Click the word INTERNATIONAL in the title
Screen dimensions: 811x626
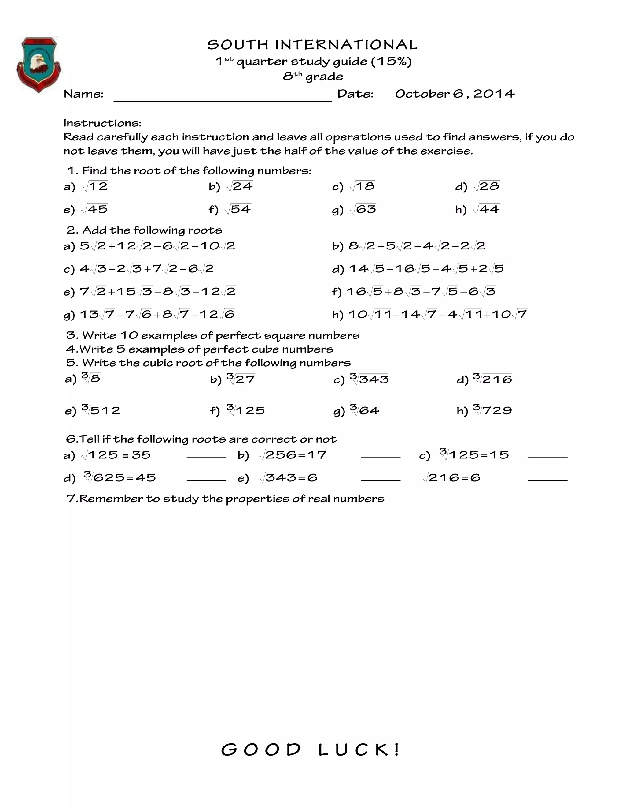pos(346,45)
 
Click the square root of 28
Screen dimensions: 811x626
pos(487,186)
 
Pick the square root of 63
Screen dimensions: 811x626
pos(363,209)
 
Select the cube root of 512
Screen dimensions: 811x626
pos(101,410)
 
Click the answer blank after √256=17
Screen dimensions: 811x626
pos(380,456)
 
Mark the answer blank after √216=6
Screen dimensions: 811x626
pos(547,479)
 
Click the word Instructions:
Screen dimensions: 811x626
pos(102,123)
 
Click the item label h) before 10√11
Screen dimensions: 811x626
pos(337,315)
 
